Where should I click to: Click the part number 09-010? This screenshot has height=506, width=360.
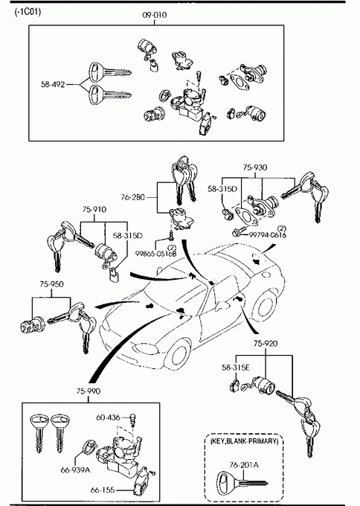pyautogui.click(x=155, y=15)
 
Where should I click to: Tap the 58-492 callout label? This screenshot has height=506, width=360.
pyautogui.click(x=53, y=85)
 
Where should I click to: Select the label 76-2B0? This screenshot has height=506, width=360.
pyautogui.click(x=133, y=197)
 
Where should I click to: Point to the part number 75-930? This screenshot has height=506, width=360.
pyautogui.click(x=255, y=167)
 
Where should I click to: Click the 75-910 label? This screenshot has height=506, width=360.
pyautogui.click(x=94, y=209)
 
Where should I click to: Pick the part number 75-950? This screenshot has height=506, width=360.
pyautogui.click(x=51, y=284)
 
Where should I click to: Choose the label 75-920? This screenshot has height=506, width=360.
pyautogui.click(x=265, y=343)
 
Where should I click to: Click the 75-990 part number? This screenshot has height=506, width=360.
pyautogui.click(x=89, y=391)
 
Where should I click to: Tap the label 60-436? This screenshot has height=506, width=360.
pyautogui.click(x=108, y=417)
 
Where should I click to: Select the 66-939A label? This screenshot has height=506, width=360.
pyautogui.click(x=75, y=470)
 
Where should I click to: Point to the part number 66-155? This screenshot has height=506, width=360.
pyautogui.click(x=103, y=490)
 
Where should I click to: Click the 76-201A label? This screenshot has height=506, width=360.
pyautogui.click(x=244, y=465)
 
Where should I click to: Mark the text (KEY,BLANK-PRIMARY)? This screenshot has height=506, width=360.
pyautogui.click(x=244, y=441)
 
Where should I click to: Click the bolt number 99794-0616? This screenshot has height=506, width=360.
pyautogui.click(x=268, y=235)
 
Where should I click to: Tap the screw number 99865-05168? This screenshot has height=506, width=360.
pyautogui.click(x=155, y=254)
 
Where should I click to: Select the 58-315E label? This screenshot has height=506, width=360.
pyautogui.click(x=236, y=368)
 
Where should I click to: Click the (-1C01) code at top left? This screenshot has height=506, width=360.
pyautogui.click(x=28, y=12)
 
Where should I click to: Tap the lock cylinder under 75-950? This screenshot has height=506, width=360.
pyautogui.click(x=32, y=324)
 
